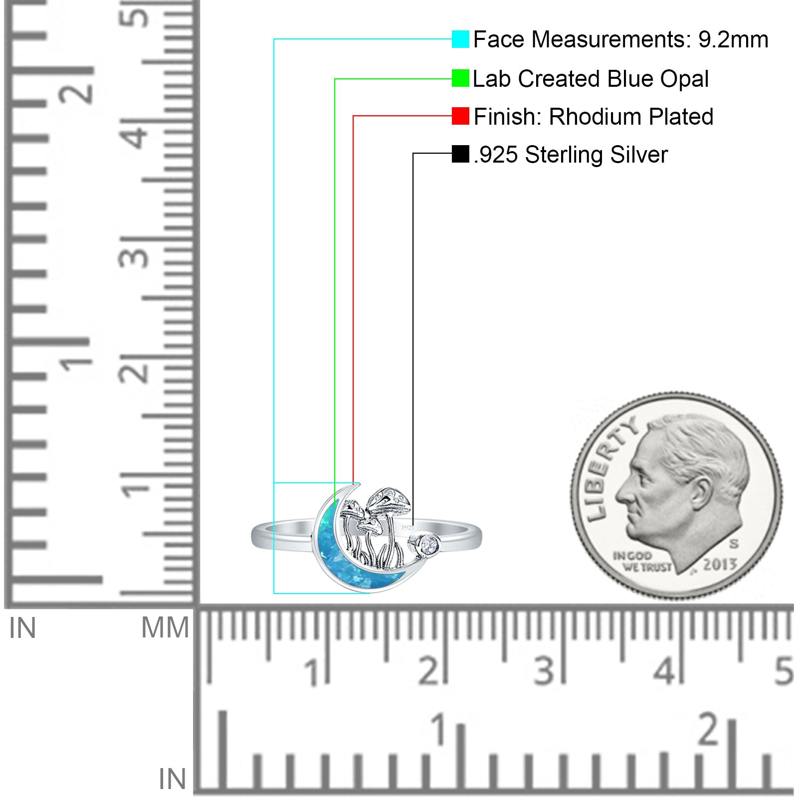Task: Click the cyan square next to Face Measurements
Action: [x=460, y=39]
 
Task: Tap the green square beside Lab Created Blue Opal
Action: [x=460, y=78]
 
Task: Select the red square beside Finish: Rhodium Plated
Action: [x=460, y=116]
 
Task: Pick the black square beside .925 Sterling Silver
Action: [x=460, y=154]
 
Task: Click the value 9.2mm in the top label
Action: [x=733, y=40]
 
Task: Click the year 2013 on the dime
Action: [x=720, y=564]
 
